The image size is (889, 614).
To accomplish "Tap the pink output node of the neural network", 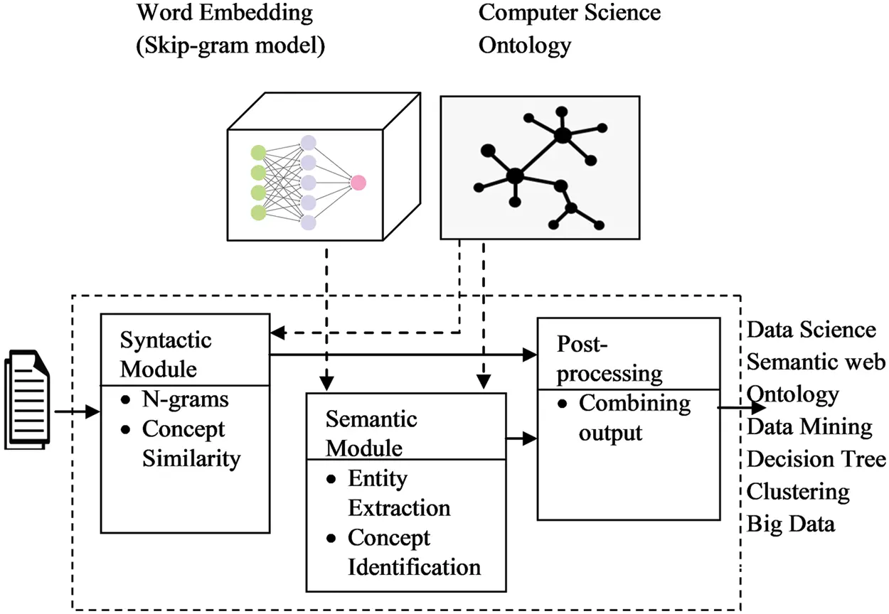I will click(358, 183).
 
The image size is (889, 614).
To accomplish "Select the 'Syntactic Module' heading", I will click(166, 354).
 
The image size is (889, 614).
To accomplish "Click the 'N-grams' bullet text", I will click(185, 399).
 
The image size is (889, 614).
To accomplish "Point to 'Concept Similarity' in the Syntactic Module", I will click(191, 443).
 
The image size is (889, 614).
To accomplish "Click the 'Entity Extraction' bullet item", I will click(398, 493).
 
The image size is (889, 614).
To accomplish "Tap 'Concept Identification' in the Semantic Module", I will click(413, 552).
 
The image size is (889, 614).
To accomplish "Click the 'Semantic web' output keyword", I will click(816, 362).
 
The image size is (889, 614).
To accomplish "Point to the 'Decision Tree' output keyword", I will click(816, 459).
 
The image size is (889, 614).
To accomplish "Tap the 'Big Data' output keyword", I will click(790, 524).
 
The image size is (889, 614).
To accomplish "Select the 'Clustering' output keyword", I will click(798, 491).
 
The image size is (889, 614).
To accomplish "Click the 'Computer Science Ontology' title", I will click(569, 28).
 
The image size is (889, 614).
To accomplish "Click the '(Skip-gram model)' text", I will click(230, 45).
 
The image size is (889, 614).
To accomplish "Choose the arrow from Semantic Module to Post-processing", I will click(521, 439).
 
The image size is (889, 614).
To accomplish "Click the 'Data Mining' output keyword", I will click(809, 426).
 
